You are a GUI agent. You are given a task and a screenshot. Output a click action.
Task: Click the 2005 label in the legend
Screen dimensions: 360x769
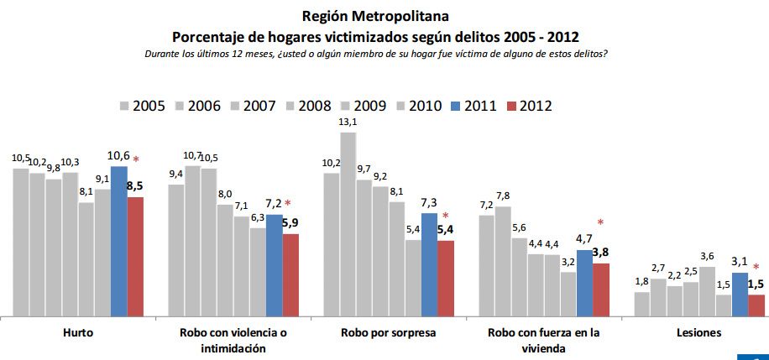pos(149,106)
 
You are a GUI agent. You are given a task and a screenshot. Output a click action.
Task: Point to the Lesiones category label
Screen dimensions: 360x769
pos(698,333)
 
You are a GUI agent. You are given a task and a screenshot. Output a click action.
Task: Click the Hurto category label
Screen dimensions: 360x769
pos(77,333)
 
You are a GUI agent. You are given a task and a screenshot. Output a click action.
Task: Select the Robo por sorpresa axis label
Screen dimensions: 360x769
pos(388,333)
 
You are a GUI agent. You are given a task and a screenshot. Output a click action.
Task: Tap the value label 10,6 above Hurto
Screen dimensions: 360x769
pos(118,155)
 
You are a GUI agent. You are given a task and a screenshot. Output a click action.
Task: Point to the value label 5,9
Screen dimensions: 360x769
pos(290,223)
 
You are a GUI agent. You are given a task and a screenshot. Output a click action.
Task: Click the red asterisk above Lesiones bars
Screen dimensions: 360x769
pos(756,268)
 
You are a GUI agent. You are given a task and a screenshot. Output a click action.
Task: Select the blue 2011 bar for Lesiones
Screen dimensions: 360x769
pos(740,295)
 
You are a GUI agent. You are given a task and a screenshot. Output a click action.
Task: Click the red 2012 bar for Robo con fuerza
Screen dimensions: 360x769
pos(600,290)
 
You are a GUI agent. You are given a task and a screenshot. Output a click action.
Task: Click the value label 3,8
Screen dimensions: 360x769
pos(601,252)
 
